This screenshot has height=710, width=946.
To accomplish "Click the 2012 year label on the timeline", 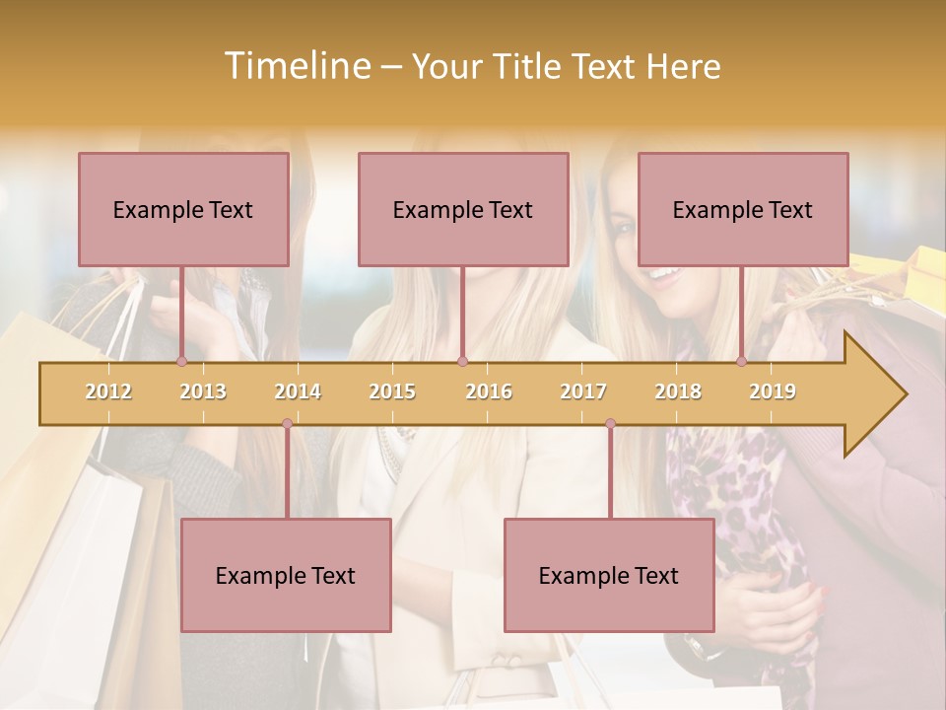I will [x=108, y=391].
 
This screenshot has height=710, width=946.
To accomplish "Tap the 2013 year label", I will [x=203, y=391].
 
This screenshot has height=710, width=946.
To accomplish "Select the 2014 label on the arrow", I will [x=298, y=391].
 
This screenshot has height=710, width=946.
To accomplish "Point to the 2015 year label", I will [x=392, y=391].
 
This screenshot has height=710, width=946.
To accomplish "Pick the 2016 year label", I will [x=489, y=391].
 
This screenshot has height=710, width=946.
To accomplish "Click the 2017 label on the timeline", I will [x=583, y=391].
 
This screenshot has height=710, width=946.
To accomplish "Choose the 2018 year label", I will [x=678, y=391].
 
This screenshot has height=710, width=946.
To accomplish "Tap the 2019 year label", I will [x=773, y=391].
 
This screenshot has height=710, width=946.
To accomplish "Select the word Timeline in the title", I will [x=295, y=66].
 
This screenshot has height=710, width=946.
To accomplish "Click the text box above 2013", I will [x=183, y=209].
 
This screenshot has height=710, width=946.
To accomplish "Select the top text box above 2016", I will [x=463, y=209].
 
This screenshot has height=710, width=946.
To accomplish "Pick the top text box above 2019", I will [x=743, y=209].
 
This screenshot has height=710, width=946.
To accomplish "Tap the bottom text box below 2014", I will [x=286, y=575].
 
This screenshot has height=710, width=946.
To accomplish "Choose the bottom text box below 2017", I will [x=609, y=575].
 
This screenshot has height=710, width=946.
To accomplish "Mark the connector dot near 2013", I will [x=181, y=361].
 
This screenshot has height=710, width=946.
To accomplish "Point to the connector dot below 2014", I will [x=287, y=423].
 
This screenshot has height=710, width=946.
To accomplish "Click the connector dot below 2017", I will [x=610, y=423].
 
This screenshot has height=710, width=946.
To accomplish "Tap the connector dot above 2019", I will [x=742, y=361].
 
